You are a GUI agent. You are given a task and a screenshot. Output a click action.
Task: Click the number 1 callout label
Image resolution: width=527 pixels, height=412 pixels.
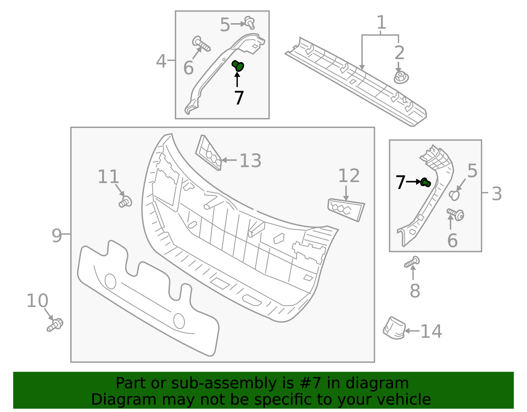(x=381, y=22)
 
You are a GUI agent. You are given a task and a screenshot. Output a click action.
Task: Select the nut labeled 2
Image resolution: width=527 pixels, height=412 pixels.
(x=401, y=78)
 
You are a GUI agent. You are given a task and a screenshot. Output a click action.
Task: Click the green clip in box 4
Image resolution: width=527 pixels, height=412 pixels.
(x=238, y=66)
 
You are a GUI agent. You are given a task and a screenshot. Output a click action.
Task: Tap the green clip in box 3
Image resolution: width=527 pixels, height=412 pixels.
(x=426, y=182)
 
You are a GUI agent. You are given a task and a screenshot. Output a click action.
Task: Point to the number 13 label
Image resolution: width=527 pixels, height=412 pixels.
(x=250, y=161)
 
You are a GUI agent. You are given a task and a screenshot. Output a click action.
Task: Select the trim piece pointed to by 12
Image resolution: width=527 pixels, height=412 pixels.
(x=346, y=209)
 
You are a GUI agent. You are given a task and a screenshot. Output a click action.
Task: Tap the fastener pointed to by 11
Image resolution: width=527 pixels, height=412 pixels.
(x=125, y=202)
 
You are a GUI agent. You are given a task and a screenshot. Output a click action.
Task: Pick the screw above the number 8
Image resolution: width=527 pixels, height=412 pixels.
(x=412, y=263)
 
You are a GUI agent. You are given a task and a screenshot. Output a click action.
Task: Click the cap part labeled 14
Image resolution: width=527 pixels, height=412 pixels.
(x=394, y=328)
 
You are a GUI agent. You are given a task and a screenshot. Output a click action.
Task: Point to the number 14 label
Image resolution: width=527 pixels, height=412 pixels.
(x=431, y=331)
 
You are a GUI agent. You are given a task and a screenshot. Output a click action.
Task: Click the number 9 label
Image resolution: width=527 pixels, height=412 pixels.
(x=57, y=236)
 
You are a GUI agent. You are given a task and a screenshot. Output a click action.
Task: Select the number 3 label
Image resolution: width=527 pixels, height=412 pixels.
(x=497, y=194)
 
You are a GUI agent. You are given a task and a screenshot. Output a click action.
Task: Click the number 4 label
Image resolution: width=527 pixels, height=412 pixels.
(x=161, y=61)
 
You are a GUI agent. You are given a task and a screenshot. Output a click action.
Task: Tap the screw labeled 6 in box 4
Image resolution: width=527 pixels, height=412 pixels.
(x=201, y=44)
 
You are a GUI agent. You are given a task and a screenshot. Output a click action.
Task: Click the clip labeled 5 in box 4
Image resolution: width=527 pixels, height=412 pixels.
(x=250, y=22)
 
